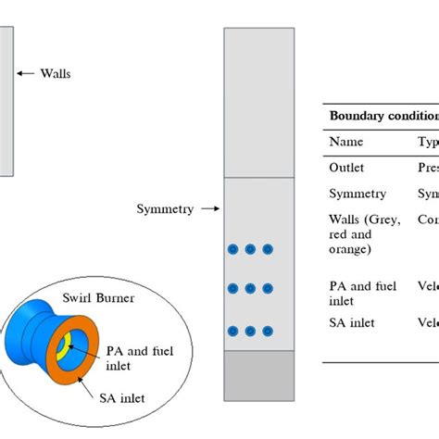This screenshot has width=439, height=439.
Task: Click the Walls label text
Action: (55, 73)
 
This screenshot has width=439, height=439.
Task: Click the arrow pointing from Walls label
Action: (25, 73)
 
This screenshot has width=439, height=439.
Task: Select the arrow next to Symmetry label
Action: (209, 209)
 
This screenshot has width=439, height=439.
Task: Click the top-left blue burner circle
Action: (232, 249)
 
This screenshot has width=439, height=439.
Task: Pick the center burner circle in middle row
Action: (250, 289)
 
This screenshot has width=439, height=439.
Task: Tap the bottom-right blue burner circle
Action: (268, 331)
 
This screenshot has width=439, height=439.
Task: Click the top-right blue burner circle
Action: (268, 249)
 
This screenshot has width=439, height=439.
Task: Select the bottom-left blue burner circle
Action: (232, 331)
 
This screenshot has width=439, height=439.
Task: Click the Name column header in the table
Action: (346, 142)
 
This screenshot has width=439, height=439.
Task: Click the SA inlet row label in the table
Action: (353, 321)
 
